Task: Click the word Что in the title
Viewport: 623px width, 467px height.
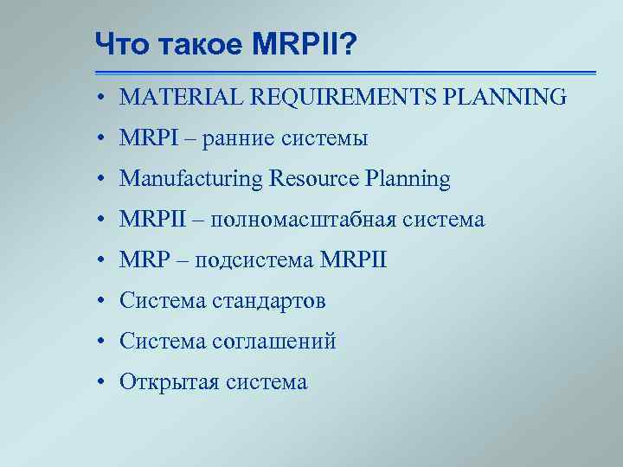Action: click(x=119, y=42)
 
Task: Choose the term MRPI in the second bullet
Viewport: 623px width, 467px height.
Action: click(x=147, y=138)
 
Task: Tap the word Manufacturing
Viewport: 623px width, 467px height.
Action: click(x=191, y=179)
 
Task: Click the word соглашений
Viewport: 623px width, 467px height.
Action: click(x=273, y=342)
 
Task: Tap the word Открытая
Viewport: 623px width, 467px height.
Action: click(x=169, y=382)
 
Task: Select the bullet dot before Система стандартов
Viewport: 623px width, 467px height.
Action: click(x=101, y=302)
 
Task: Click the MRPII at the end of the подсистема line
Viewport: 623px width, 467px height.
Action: click(x=353, y=260)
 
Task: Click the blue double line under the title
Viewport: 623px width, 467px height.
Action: click(x=346, y=73)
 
